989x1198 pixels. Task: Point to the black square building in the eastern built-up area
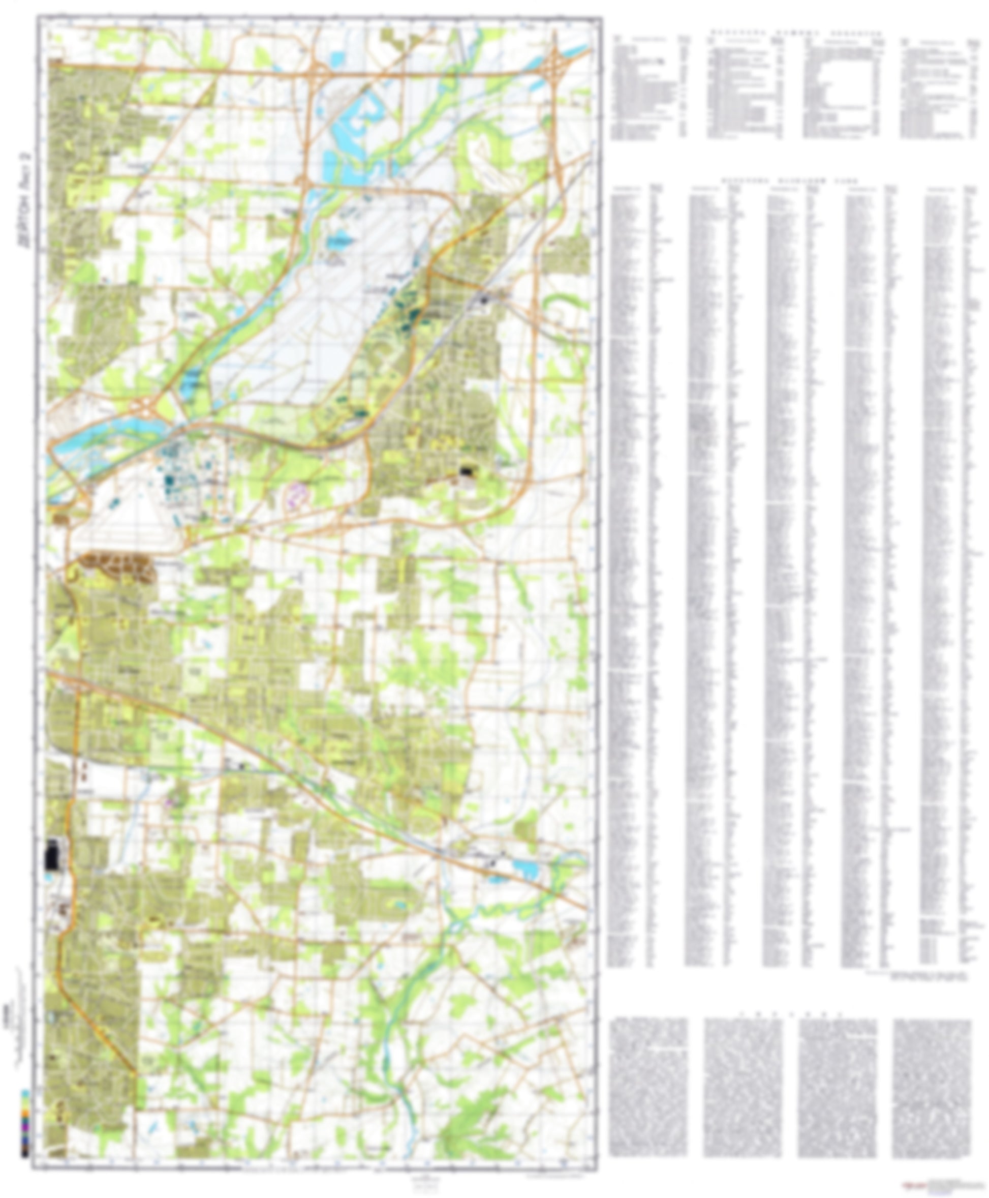[x=467, y=471]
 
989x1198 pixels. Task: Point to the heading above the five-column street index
[x=794, y=180]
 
